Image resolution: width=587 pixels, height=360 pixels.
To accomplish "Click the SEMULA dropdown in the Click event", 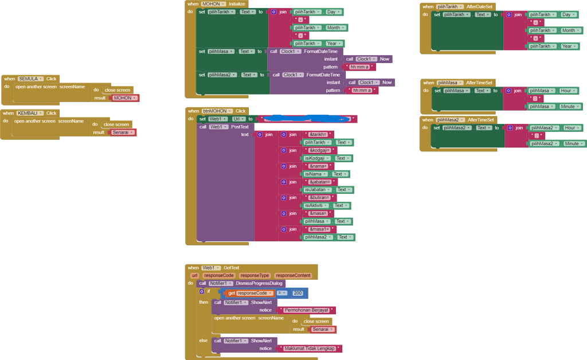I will point(30,79).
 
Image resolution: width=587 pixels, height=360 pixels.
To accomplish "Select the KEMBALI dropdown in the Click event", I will point(30,113).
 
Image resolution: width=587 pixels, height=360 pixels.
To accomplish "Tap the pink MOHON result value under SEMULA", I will point(123,98).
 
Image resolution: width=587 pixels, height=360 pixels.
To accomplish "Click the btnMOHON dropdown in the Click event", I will point(217,111).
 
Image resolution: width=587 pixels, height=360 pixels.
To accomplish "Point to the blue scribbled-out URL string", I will point(307,119).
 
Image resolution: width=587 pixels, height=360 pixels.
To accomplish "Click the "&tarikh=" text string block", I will point(317,134).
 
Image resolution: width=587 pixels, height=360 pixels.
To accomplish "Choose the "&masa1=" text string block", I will point(319,229).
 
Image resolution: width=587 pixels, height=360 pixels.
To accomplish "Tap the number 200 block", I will point(298,293).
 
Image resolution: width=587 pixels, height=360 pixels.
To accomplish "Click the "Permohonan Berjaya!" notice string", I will point(309,310).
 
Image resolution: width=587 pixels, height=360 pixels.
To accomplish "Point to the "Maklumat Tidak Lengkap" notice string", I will point(310,349).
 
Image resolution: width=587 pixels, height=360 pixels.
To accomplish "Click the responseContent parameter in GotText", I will point(293,276).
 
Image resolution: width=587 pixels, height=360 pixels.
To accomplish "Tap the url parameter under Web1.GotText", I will point(194,276).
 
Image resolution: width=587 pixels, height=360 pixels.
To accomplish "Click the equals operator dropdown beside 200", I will point(281,293).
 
